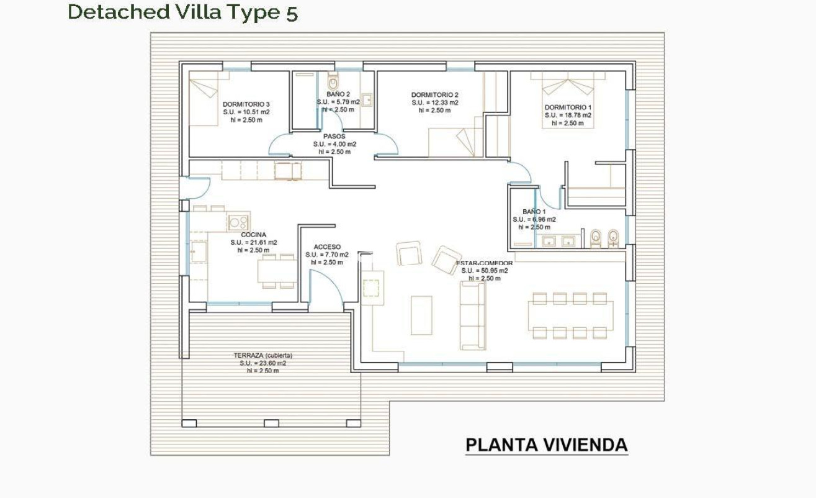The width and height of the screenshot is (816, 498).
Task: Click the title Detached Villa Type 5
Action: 182,12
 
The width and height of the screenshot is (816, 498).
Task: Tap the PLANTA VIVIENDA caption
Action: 546,445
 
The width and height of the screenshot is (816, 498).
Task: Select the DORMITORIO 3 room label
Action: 246,104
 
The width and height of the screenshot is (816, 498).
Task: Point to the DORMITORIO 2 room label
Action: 434,95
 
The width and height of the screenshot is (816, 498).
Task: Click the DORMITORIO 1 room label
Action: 568,107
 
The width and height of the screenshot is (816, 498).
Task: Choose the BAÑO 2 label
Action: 338,94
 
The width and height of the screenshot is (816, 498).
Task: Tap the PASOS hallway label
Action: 334,136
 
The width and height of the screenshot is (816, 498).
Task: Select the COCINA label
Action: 253,235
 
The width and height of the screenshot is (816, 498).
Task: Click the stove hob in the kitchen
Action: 238,222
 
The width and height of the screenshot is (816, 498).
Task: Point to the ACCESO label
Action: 326,247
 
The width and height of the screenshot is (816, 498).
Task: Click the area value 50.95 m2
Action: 485,271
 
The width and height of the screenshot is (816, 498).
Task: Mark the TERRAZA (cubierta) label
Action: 262,356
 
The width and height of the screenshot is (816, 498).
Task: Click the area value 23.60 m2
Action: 262,363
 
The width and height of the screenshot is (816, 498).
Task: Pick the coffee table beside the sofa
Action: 421,315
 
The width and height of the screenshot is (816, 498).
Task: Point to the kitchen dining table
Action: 277,271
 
